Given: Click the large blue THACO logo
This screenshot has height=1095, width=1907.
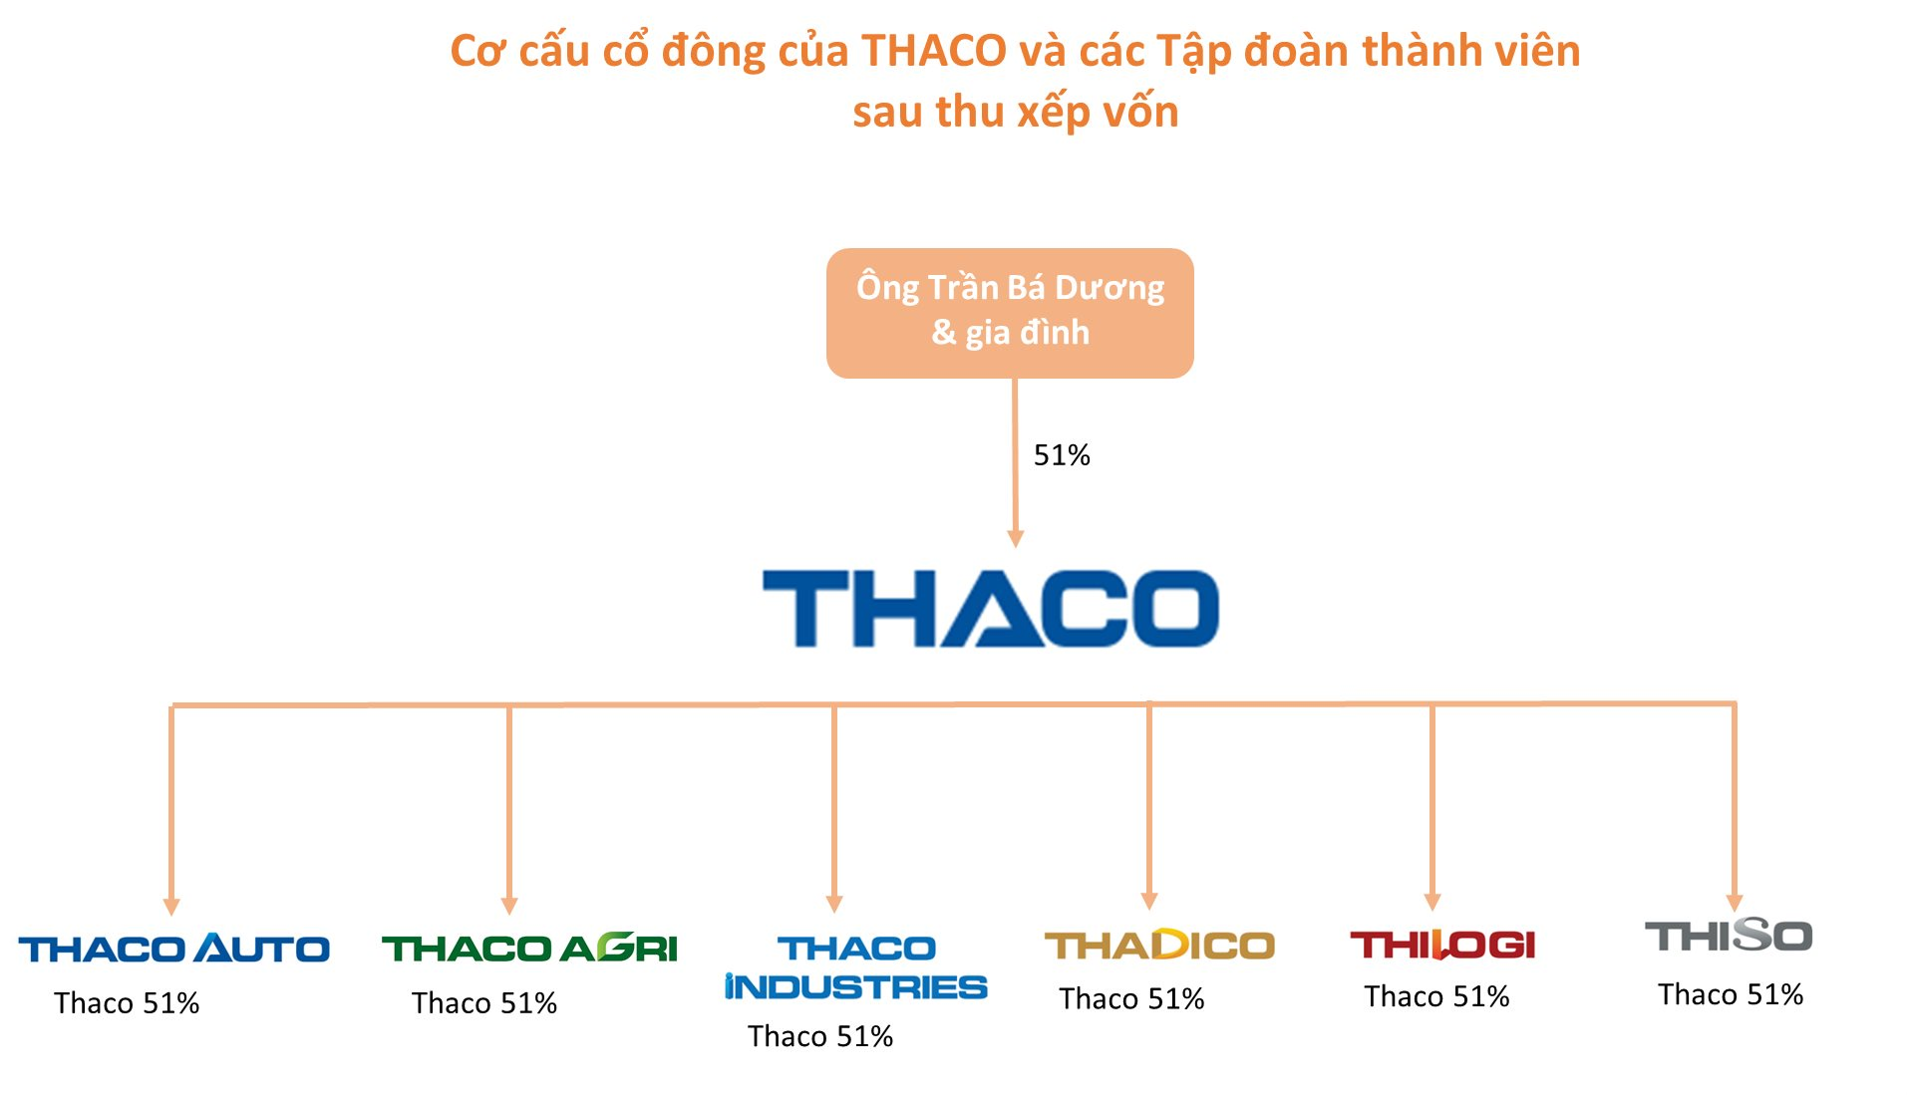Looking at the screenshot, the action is (990, 608).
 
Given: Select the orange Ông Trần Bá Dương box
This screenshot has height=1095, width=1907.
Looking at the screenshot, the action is (1010, 313).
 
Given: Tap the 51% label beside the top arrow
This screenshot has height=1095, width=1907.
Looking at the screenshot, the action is (1062, 455).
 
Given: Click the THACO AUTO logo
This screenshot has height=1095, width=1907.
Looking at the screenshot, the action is (173, 948).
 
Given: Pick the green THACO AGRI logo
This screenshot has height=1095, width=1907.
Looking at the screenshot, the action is (529, 948).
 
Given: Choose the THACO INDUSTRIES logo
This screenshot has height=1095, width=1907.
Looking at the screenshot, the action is (855, 966).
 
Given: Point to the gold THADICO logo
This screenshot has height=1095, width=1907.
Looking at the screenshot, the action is (1159, 945).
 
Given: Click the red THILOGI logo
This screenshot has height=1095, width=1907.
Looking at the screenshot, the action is (1442, 945).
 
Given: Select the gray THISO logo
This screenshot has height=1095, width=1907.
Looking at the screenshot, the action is (1728, 936).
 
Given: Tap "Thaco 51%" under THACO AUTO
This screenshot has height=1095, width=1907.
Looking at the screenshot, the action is (127, 1003).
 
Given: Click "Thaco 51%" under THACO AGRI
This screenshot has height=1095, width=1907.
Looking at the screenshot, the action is (484, 1003).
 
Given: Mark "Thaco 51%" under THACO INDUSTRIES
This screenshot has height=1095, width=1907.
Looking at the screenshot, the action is (820, 1037).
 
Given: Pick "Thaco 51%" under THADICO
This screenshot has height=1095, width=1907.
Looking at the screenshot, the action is (1131, 999).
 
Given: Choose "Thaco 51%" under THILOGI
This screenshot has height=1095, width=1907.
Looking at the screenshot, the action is (1436, 997).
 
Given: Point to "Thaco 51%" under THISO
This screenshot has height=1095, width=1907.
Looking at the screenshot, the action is (1731, 995).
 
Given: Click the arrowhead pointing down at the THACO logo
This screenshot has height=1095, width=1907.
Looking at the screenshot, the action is (1016, 539).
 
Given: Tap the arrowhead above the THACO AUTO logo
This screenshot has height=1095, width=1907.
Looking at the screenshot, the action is (171, 906).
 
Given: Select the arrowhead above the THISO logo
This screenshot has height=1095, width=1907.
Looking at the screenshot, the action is (1735, 903).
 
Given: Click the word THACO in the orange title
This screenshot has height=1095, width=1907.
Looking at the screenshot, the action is (934, 51).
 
